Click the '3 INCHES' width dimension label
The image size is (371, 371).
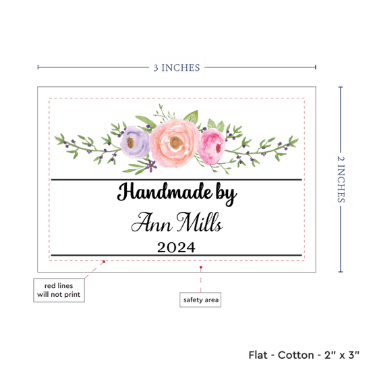(177, 67)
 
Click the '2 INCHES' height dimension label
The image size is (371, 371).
(341, 179)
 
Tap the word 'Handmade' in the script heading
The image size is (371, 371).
(165, 192)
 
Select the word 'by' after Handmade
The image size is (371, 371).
(226, 194)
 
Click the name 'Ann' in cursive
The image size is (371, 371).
(152, 223)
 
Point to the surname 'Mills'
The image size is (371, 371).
(200, 222)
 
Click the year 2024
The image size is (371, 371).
(176, 248)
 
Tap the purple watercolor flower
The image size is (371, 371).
(135, 142)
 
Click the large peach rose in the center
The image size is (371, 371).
(175, 143)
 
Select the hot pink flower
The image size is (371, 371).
(212, 146)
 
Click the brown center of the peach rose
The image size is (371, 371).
(176, 142)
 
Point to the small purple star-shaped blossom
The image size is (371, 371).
(150, 165)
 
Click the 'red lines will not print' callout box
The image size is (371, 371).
(59, 290)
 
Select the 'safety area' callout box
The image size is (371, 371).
(200, 299)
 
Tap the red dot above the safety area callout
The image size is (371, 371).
(201, 267)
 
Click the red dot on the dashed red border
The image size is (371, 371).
(104, 262)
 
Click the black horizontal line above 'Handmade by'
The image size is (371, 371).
(177, 180)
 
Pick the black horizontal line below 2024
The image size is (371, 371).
(177, 255)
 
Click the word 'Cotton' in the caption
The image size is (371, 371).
(295, 355)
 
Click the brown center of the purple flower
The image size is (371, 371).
(130, 142)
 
